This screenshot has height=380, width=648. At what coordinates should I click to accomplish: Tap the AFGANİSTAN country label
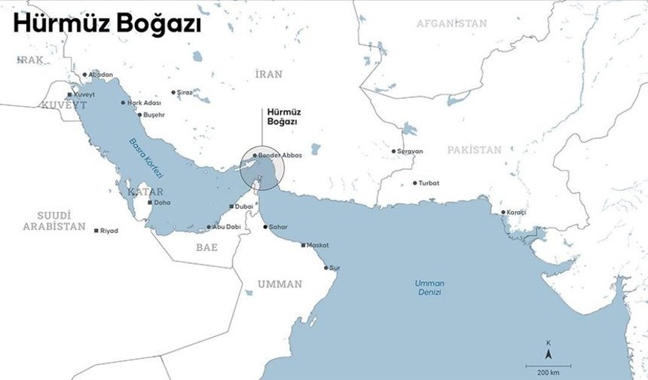tap(452, 23)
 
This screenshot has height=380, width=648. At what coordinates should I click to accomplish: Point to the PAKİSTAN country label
tap(474, 150)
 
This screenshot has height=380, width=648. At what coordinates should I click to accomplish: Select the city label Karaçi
tap(516, 212)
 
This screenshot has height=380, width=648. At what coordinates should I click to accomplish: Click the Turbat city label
tap(429, 183)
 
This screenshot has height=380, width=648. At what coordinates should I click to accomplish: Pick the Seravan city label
tap(411, 151)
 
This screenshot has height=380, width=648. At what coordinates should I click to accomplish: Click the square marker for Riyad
tap(96, 230)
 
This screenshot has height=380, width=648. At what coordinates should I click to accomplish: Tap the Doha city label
tap(162, 202)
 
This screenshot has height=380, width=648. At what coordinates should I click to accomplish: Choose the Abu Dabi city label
tap(226, 226)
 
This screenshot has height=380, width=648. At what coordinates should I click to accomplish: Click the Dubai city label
tap(243, 206)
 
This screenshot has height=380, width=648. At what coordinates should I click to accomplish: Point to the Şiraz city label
tap(185, 93)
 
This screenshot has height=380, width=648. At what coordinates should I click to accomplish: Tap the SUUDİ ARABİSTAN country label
tap(54, 221)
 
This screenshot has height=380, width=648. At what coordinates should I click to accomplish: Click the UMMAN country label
tap(280, 284)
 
